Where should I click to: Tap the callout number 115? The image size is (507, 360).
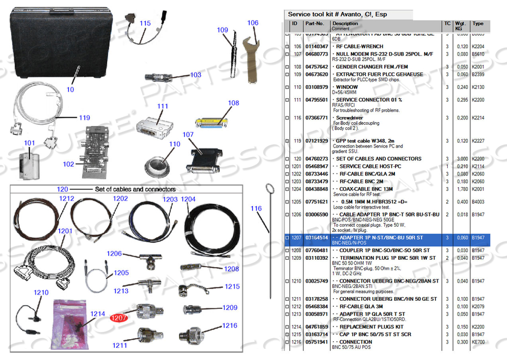point(145,23)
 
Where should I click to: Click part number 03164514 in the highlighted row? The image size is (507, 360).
point(316,238)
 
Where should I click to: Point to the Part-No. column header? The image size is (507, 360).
point(314,23)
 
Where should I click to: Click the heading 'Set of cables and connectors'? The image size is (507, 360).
point(135,189)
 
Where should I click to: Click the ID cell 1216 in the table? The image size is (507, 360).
point(296,342)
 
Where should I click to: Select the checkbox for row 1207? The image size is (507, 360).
point(287,238)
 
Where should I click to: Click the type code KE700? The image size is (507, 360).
point(478,342)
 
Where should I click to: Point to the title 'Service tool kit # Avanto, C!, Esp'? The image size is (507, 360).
point(337,14)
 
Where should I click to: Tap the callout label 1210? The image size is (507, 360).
point(41,293)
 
